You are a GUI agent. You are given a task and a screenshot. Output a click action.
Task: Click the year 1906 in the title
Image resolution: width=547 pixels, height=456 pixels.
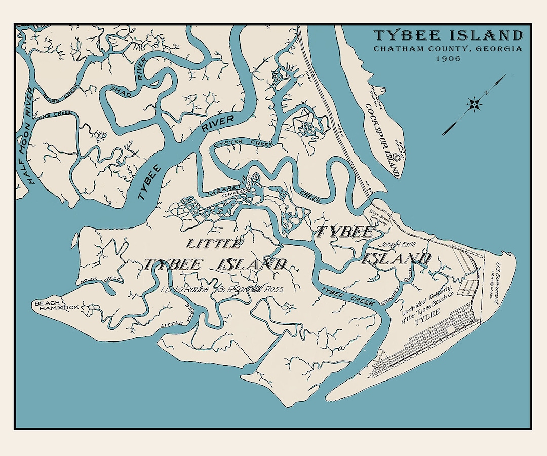448,59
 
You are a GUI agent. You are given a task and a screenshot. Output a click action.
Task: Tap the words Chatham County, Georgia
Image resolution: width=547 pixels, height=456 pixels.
448,49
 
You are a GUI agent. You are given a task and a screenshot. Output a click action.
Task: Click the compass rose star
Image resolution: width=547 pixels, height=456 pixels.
475,105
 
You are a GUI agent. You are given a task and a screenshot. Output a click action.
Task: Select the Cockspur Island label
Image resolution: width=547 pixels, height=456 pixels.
384,135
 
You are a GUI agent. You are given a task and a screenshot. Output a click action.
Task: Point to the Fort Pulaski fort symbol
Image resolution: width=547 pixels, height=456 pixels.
397,158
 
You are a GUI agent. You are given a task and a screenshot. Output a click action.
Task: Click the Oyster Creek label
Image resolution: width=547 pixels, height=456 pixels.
244,144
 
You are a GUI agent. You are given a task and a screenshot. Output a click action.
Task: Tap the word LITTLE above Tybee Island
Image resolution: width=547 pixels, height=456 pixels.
213,244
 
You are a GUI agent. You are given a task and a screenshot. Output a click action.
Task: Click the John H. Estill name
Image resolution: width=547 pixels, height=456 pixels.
401,244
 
